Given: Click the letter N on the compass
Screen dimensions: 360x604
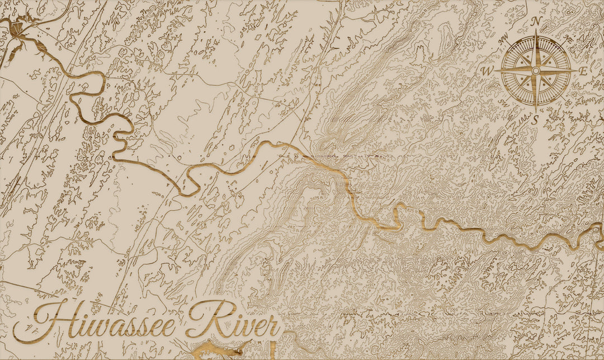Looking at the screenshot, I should click(x=536, y=21).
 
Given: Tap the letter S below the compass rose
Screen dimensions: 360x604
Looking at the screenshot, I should click(x=535, y=120).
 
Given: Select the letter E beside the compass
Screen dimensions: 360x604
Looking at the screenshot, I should click(x=583, y=71).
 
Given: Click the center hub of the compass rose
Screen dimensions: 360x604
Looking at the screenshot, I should click(x=536, y=71).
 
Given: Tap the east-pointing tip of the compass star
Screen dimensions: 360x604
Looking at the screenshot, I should click(x=576, y=71).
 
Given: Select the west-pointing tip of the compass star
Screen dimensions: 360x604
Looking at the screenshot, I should click(x=496, y=71).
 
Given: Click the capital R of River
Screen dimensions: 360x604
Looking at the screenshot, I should click(x=204, y=319).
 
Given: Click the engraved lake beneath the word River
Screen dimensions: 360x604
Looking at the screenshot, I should click(x=218, y=350).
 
